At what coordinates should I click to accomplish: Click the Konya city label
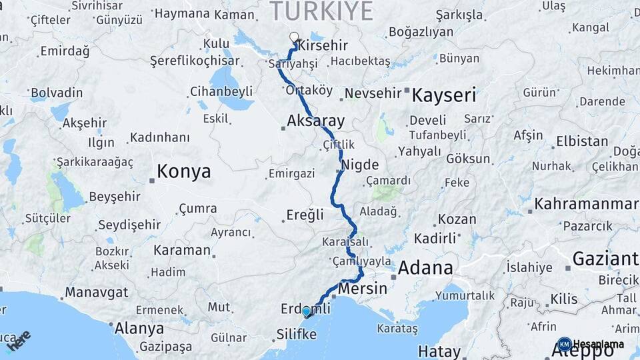[183, 171]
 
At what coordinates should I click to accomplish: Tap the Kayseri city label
[444, 95]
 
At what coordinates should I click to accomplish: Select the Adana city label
[425, 268]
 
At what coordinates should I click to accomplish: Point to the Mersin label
[363, 289]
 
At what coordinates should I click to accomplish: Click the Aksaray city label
[316, 121]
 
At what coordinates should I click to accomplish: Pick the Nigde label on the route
[359, 164]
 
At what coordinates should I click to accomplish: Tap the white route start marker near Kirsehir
[294, 37]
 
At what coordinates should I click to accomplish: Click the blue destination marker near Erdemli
[306, 311]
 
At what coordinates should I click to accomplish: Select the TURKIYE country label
[321, 11]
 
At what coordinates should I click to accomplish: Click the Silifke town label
[297, 334]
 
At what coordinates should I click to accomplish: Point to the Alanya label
[139, 328]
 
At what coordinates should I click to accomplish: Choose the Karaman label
[181, 250]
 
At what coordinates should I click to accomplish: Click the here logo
[18, 340]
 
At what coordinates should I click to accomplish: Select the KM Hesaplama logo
[591, 344]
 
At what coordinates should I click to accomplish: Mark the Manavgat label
[96, 292]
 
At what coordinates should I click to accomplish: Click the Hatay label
[439, 351]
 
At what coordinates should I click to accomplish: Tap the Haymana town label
[182, 13]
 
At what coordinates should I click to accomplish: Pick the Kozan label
[457, 219]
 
